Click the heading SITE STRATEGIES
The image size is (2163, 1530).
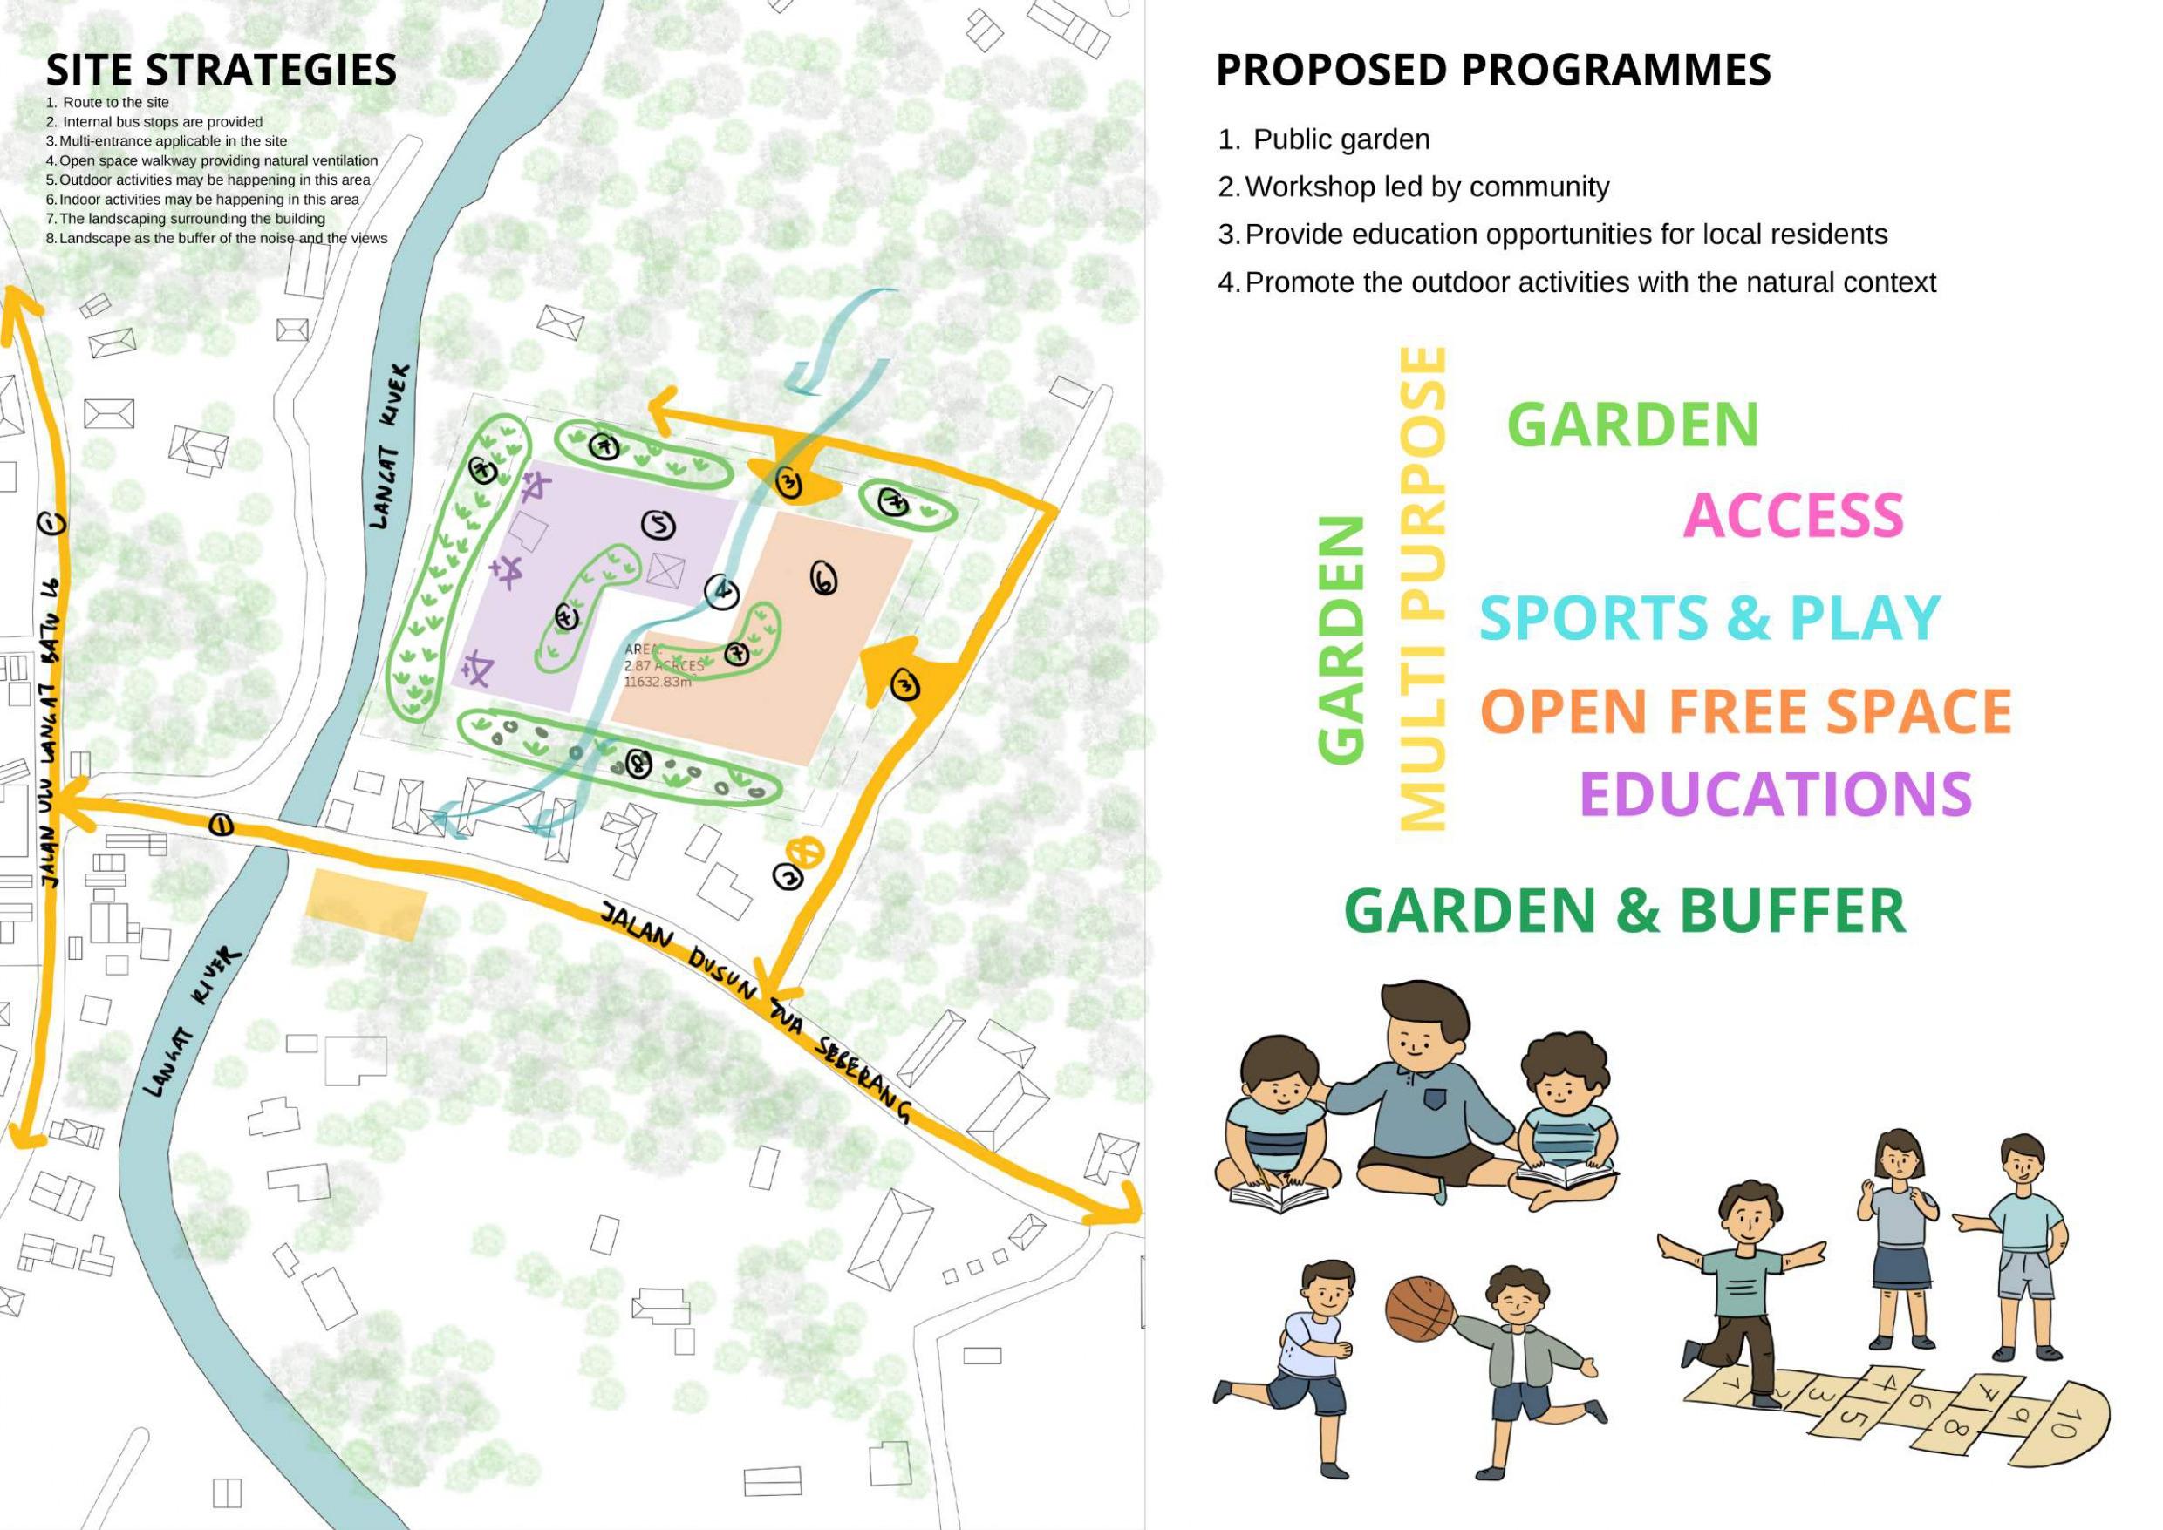point(222,71)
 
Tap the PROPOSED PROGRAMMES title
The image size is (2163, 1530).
point(1493,71)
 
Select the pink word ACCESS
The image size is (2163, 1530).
point(1792,515)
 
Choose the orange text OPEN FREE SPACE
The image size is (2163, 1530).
point(1745,711)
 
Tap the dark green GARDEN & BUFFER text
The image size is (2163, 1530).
point(1624,910)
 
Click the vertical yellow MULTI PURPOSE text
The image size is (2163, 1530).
point(1422,588)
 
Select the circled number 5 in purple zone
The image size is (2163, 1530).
point(658,526)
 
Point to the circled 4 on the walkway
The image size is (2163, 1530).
point(720,589)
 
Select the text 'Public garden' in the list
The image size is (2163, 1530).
point(1341,139)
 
